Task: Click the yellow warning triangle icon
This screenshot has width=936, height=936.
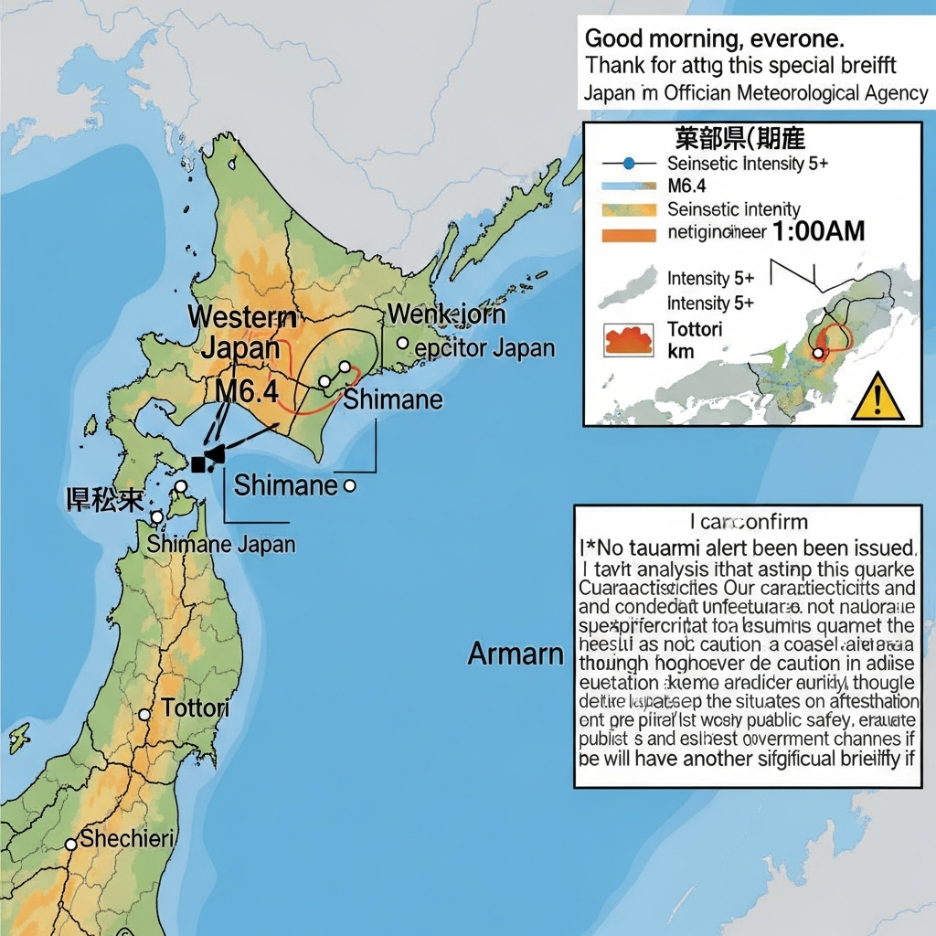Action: (877, 397)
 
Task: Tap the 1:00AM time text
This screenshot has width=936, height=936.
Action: (818, 231)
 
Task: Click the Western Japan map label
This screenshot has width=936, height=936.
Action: (241, 333)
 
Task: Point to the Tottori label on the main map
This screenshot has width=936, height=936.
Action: (195, 708)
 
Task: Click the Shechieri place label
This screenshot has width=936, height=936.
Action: (127, 838)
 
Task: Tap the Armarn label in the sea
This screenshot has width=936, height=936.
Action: (516, 654)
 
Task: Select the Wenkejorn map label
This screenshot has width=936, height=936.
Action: (447, 315)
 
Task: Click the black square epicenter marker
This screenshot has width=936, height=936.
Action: (198, 464)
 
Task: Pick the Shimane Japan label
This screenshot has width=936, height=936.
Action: (221, 545)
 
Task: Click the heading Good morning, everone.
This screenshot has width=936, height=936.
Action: (714, 39)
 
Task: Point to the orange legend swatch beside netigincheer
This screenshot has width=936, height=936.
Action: (630, 234)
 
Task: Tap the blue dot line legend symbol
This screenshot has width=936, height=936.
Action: (628, 164)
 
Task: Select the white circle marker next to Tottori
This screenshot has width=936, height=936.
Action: (144, 715)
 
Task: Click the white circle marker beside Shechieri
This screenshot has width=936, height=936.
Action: (70, 845)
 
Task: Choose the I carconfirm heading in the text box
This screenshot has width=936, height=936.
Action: (749, 522)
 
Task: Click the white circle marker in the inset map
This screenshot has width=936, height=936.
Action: (818, 353)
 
